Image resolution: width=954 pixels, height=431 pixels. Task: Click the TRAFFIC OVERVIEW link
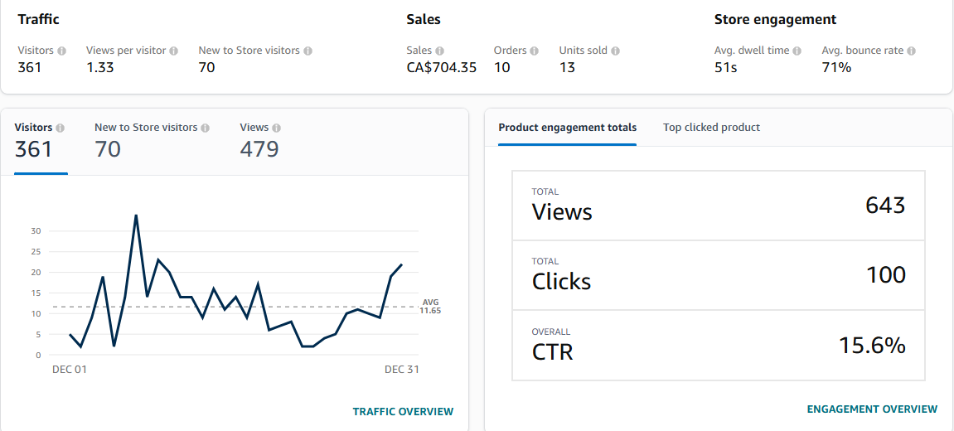click(403, 412)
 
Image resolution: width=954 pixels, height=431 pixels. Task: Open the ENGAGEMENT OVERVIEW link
click(872, 409)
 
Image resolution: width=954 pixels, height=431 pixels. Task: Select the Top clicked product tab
click(711, 128)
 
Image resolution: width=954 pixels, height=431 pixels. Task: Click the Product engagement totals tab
click(567, 128)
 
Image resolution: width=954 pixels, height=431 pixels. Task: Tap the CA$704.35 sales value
click(441, 68)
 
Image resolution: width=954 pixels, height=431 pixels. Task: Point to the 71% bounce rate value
click(836, 68)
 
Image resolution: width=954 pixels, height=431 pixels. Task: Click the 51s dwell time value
click(725, 68)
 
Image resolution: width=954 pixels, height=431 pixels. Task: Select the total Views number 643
click(884, 206)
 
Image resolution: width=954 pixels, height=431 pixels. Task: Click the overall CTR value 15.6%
click(871, 346)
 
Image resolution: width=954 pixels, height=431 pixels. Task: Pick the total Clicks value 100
click(885, 275)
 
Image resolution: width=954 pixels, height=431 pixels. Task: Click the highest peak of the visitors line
click(136, 215)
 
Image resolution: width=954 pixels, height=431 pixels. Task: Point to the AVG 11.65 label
click(430, 306)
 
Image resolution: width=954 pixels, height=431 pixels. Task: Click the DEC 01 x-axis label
click(69, 370)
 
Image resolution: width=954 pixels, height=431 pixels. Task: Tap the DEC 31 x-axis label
click(401, 370)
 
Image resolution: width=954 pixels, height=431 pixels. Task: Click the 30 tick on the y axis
click(36, 230)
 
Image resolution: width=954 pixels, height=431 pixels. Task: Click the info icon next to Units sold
click(616, 51)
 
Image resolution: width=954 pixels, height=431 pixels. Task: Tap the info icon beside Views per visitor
click(174, 51)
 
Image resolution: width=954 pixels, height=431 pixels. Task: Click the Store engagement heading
click(775, 20)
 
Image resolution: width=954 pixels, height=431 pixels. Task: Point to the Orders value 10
click(502, 68)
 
